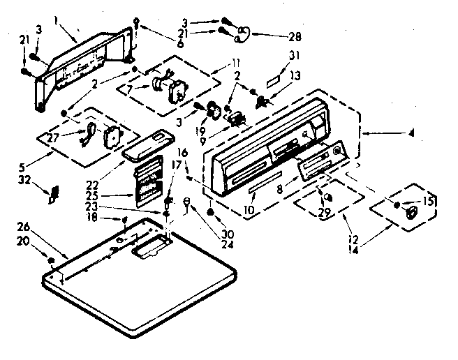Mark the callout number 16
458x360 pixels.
click(183, 151)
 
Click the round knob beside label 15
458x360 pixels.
click(411, 212)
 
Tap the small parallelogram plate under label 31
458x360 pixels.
click(276, 72)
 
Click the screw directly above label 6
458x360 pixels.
click(140, 29)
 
